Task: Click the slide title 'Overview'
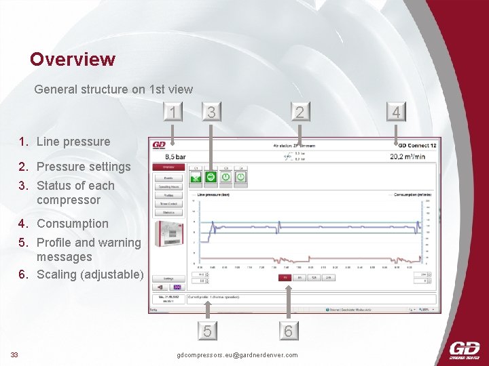(72, 60)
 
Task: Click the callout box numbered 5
(207, 331)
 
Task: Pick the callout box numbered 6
(289, 331)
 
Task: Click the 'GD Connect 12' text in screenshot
(417, 145)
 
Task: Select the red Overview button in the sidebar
(168, 167)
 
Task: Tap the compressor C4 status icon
(240, 177)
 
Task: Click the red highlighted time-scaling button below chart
(286, 277)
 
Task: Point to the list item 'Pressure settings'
(83, 167)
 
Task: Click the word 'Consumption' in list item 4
(73, 224)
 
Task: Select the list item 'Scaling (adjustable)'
(90, 274)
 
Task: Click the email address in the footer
(236, 355)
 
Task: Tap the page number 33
(14, 354)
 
